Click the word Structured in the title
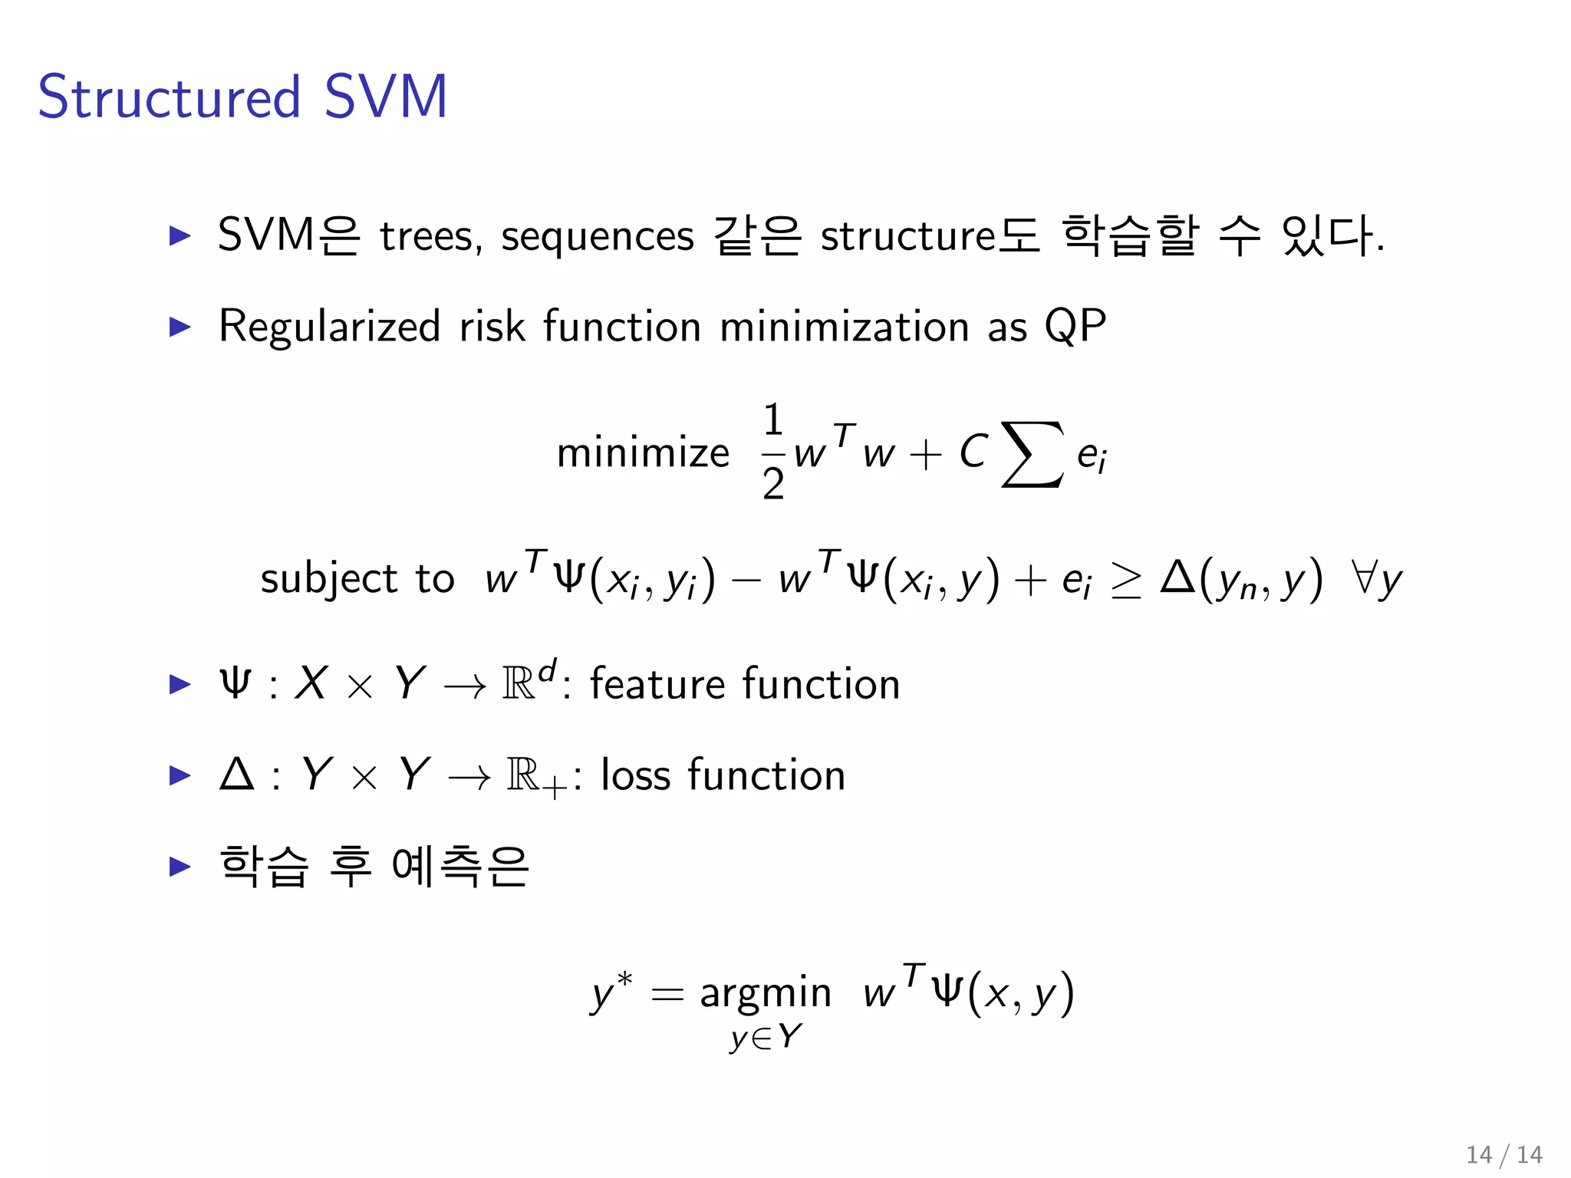pos(169,97)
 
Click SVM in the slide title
pos(385,97)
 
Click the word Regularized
pos(329,327)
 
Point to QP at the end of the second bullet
pos(1075,327)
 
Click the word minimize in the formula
pos(643,452)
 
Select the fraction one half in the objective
pos(773,452)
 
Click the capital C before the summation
pos(973,452)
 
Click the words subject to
pos(357,579)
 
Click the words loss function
pos(723,775)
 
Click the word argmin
pos(766,994)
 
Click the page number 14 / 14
pos(1503,1154)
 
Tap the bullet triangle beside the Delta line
pos(179,775)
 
